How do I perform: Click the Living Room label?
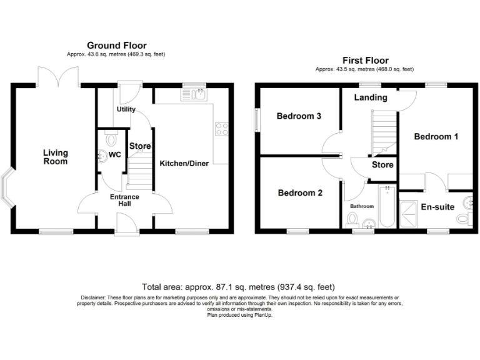click(56, 157)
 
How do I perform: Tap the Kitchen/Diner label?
click(181, 163)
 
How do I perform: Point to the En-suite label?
click(437, 207)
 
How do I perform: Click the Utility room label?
click(126, 109)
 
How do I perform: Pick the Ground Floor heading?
click(117, 45)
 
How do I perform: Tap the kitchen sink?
click(194, 94)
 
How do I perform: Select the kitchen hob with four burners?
click(221, 128)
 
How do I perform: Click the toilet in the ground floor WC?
click(111, 139)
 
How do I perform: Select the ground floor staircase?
click(139, 172)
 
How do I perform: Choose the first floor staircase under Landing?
click(384, 131)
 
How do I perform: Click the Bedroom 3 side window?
click(256, 120)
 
